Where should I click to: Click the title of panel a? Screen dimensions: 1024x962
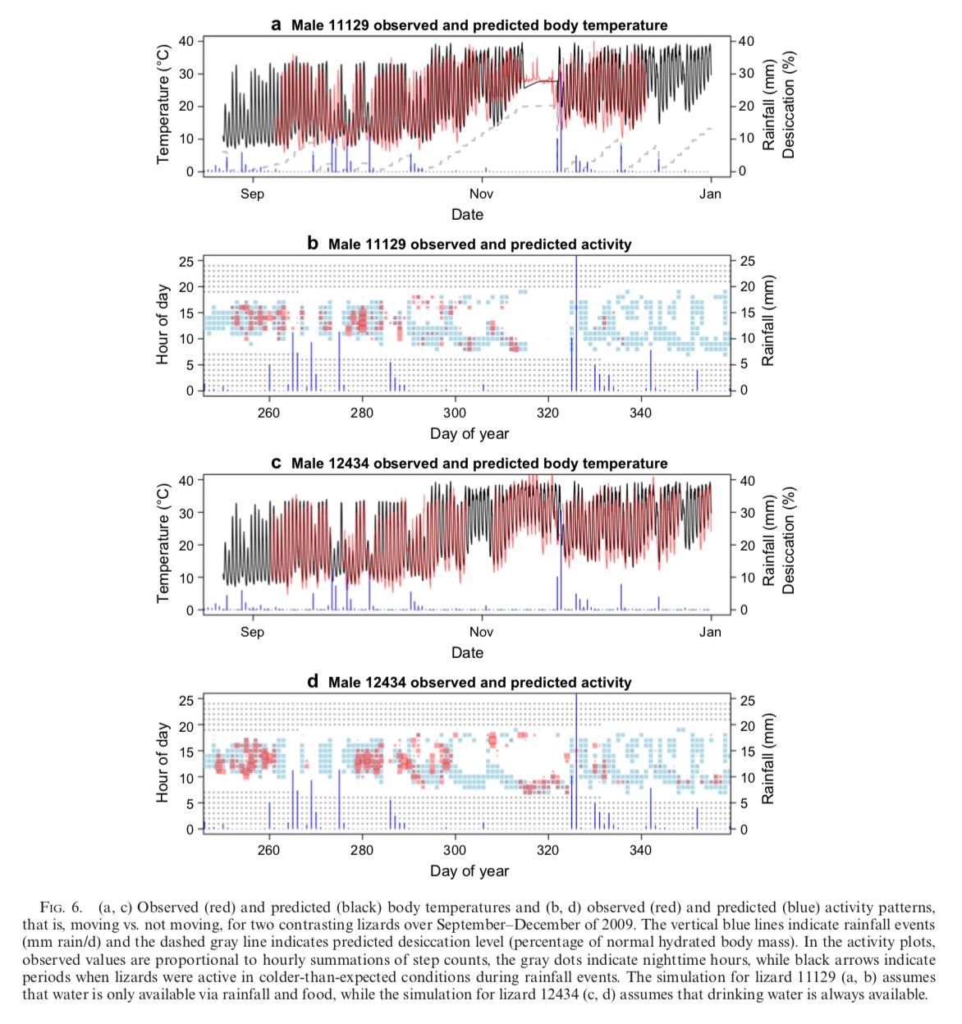[x=470, y=25]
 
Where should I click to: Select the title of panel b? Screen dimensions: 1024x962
[x=470, y=245]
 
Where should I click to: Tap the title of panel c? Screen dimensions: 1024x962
[x=470, y=464]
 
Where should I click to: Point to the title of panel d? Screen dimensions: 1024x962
[x=470, y=683]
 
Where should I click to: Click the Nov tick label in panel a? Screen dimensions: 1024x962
[x=481, y=194]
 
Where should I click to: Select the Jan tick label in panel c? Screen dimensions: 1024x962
[x=710, y=632]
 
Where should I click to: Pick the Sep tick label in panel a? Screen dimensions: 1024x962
[x=252, y=194]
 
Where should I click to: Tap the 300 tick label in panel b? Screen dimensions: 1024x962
[x=455, y=413]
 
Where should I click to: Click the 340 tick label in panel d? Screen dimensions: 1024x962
[x=640, y=850]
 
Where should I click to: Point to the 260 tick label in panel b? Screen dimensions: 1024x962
[x=268, y=413]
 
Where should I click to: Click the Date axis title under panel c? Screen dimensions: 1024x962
[x=467, y=653]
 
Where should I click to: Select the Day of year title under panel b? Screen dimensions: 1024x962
[x=470, y=434]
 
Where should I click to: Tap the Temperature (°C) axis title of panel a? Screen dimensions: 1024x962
[x=163, y=104]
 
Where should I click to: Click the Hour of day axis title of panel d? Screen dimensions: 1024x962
[x=163, y=762]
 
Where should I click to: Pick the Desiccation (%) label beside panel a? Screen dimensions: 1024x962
[x=789, y=105]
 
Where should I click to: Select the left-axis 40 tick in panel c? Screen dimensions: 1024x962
[x=186, y=481]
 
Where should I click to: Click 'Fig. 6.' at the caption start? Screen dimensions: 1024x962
[x=61, y=907]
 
